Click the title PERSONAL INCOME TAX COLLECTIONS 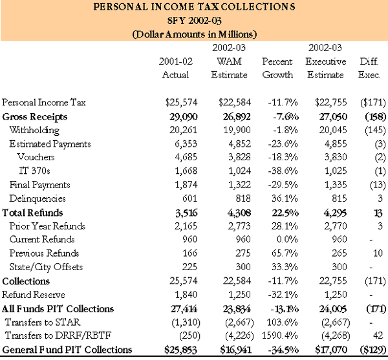(x=194, y=8)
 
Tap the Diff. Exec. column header (x=372, y=69)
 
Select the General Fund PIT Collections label (x=67, y=350)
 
